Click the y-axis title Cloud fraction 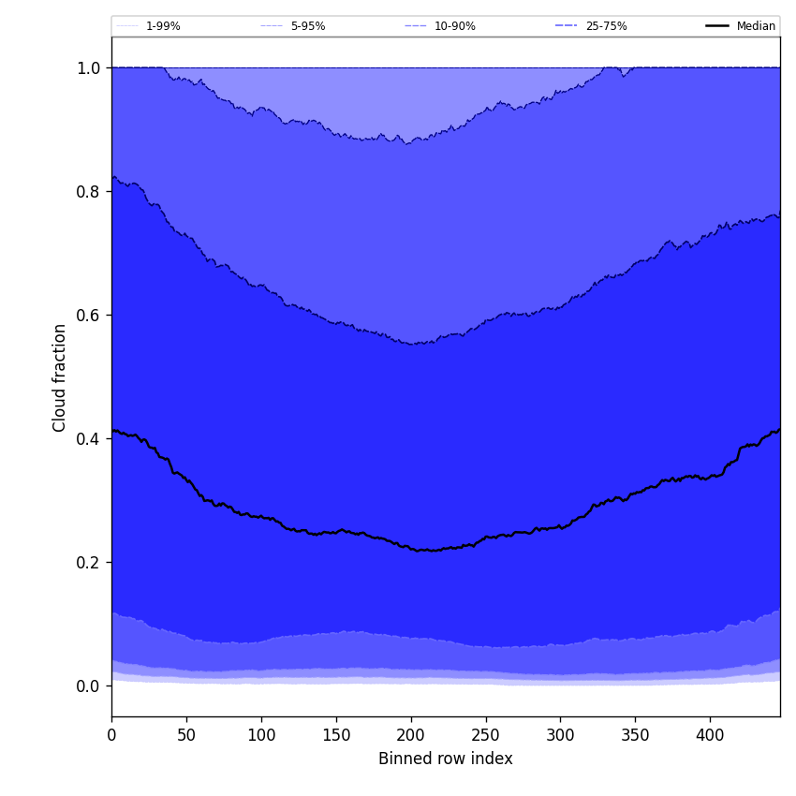click(x=60, y=377)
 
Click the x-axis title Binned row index click(x=445, y=759)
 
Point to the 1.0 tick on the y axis click(x=88, y=67)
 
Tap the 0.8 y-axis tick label click(x=88, y=191)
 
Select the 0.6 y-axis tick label click(x=88, y=315)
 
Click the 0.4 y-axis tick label click(x=88, y=438)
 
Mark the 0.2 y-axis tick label click(x=88, y=562)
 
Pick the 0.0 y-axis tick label click(x=88, y=685)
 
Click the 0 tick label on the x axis click(x=111, y=735)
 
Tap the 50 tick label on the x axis click(x=186, y=735)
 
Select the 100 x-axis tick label click(x=261, y=735)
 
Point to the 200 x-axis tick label click(x=410, y=735)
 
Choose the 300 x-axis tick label click(x=560, y=735)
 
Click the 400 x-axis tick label click(x=710, y=735)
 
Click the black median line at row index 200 click(x=410, y=548)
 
